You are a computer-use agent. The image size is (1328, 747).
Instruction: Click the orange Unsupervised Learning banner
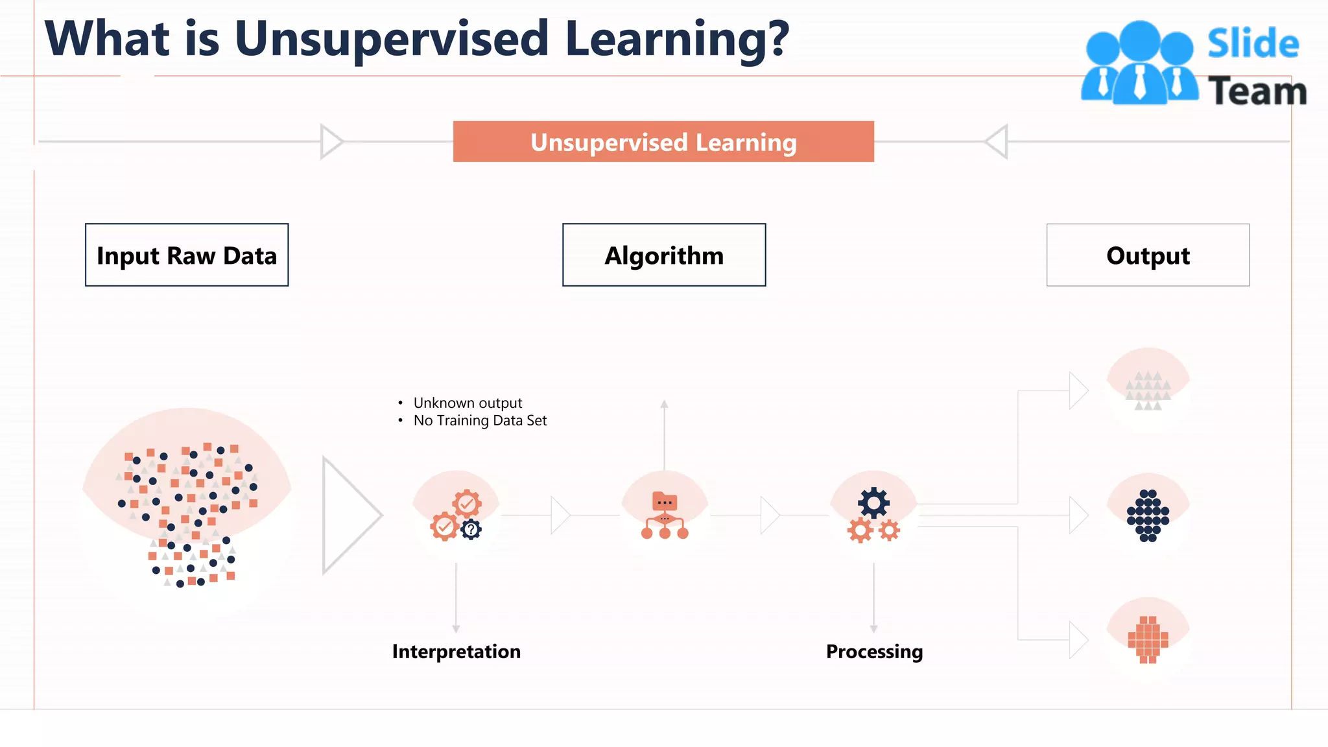tap(663, 142)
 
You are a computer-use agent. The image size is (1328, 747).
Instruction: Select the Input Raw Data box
tap(187, 255)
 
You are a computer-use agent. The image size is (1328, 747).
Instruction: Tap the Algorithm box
tap(664, 255)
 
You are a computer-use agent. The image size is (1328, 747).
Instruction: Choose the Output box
tap(1148, 255)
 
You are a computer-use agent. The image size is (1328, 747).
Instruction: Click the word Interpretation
tap(456, 651)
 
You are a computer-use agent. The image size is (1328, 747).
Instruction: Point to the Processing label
tap(874, 651)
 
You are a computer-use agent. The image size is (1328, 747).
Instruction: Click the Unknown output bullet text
tap(468, 403)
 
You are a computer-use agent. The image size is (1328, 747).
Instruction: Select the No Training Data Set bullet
tap(480, 420)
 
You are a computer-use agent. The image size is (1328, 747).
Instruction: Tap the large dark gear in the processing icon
tap(873, 502)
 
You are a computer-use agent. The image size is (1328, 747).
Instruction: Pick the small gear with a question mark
tap(471, 530)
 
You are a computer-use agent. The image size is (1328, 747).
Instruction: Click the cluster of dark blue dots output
tap(1148, 516)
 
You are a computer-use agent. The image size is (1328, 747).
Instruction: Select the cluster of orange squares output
tap(1148, 639)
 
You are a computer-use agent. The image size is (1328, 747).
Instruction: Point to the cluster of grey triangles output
tap(1148, 390)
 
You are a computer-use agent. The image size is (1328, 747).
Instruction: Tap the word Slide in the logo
tap(1253, 44)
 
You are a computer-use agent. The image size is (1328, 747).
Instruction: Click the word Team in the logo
tap(1257, 91)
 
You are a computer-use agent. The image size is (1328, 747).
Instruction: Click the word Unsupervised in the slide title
tap(392, 39)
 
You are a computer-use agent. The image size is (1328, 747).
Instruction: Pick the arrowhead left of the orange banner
tap(331, 141)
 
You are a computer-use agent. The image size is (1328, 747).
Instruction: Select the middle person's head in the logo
tap(1139, 40)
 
